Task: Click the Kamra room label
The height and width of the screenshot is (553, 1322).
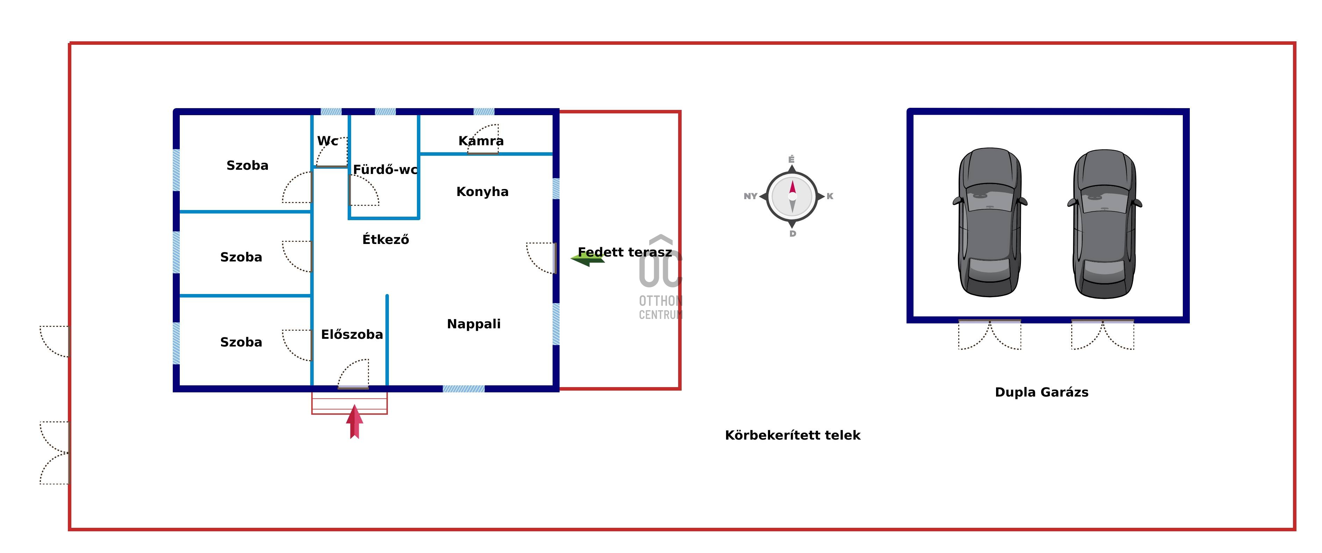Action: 481,141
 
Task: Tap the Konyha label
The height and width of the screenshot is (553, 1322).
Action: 482,191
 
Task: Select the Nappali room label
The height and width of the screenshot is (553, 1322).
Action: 473,324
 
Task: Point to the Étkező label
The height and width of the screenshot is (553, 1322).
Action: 385,239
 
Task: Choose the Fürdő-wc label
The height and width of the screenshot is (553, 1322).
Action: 385,169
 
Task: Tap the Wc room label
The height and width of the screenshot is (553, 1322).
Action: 327,141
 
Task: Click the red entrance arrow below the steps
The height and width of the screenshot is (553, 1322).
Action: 354,422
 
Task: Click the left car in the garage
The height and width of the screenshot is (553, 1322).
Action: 989,222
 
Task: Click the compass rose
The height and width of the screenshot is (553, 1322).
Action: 792,196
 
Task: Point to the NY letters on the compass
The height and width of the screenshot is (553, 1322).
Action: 750,196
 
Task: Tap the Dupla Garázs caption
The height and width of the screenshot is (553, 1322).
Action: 1041,392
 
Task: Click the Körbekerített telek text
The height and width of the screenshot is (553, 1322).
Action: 793,435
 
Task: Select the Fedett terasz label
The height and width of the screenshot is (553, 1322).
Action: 625,252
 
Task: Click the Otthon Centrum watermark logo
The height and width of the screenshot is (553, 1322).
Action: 661,277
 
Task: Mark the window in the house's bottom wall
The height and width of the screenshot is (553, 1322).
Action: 463,389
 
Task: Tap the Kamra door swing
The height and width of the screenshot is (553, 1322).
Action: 483,139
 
